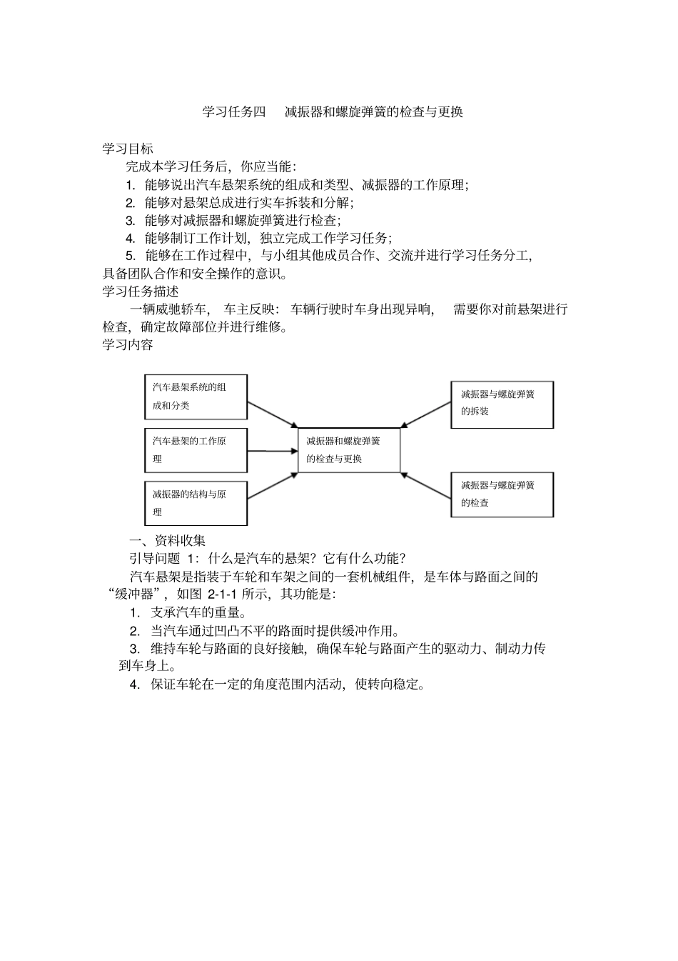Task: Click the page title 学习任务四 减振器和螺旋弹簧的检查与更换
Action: click(333, 111)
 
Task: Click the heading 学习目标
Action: click(128, 149)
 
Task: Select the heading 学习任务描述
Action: click(141, 292)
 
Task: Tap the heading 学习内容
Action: click(128, 344)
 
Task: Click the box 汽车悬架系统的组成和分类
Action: click(196, 397)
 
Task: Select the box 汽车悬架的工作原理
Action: click(196, 450)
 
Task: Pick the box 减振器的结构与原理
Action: click(196, 503)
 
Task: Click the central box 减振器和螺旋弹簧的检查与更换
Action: click(348, 450)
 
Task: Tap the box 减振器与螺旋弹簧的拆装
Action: click(502, 404)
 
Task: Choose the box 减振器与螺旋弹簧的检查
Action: click(502, 494)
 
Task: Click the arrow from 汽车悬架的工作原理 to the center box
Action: click(272, 451)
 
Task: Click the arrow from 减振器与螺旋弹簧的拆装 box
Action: click(425, 414)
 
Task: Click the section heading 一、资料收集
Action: click(166, 540)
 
